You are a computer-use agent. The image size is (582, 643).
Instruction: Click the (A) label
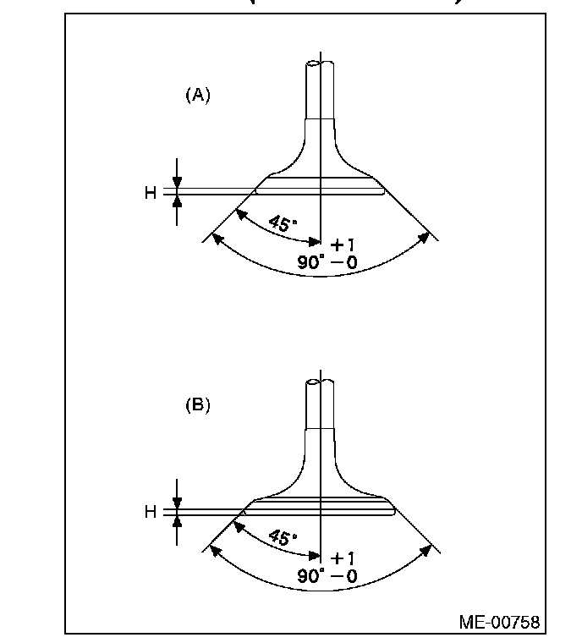pyautogui.click(x=197, y=95)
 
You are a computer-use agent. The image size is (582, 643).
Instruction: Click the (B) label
pyautogui.click(x=197, y=405)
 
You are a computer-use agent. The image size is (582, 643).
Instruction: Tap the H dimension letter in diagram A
pyautogui.click(x=150, y=193)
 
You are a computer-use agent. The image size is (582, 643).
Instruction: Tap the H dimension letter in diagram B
pyautogui.click(x=150, y=512)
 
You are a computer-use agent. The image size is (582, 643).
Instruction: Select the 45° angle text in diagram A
pyautogui.click(x=283, y=224)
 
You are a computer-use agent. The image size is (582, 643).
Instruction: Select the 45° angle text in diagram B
pyautogui.click(x=283, y=539)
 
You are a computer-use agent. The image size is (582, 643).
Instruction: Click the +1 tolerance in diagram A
pyautogui.click(x=343, y=245)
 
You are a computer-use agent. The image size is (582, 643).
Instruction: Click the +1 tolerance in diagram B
pyautogui.click(x=343, y=558)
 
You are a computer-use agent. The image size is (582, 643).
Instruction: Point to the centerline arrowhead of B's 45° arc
pyautogui.click(x=316, y=557)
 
